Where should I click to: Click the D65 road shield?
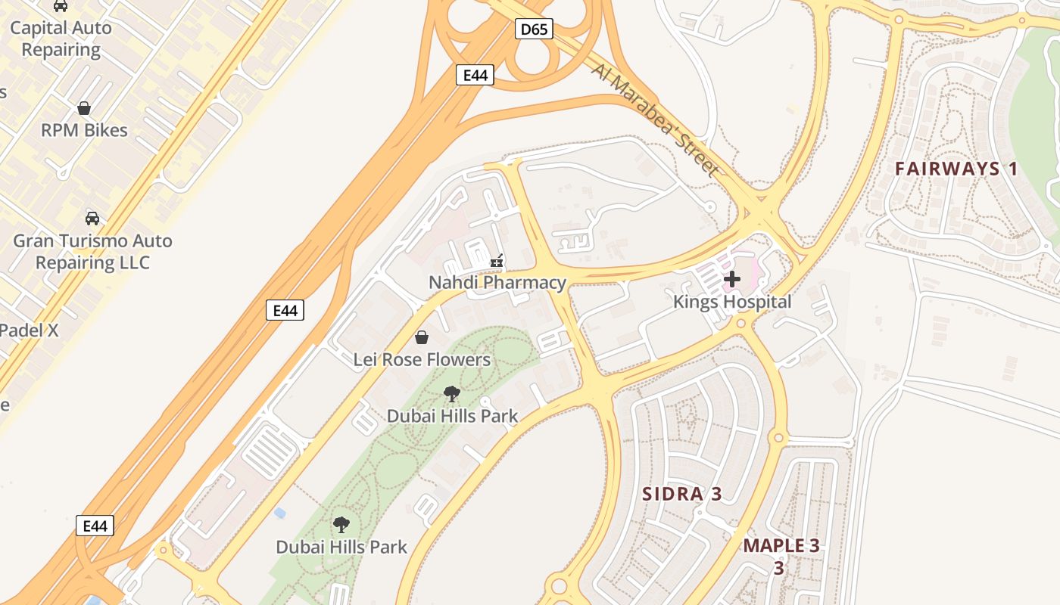tap(535, 29)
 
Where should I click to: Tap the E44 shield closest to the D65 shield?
tap(475, 74)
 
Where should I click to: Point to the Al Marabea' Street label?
tap(656, 119)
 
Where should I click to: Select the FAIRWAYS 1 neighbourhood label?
tap(956, 169)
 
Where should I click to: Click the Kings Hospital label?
tap(732, 302)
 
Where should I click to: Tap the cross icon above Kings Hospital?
tap(732, 279)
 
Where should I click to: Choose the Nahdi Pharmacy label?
tap(497, 283)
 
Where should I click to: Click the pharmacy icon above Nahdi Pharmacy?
tap(497, 261)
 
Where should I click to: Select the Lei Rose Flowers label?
tap(422, 360)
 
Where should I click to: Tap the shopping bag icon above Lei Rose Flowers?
tap(422, 337)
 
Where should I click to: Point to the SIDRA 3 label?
tap(681, 495)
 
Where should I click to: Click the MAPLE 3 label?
tap(781, 546)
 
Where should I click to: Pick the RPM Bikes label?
tap(84, 130)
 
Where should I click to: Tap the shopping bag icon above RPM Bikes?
tap(84, 108)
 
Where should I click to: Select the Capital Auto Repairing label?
tap(61, 39)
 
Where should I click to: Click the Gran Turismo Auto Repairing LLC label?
tap(92, 252)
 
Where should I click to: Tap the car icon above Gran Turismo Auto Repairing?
tap(92, 219)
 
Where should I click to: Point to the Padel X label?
tap(29, 330)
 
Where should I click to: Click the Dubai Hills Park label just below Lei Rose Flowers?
tap(452, 416)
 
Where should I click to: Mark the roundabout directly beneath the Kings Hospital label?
tap(741, 324)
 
